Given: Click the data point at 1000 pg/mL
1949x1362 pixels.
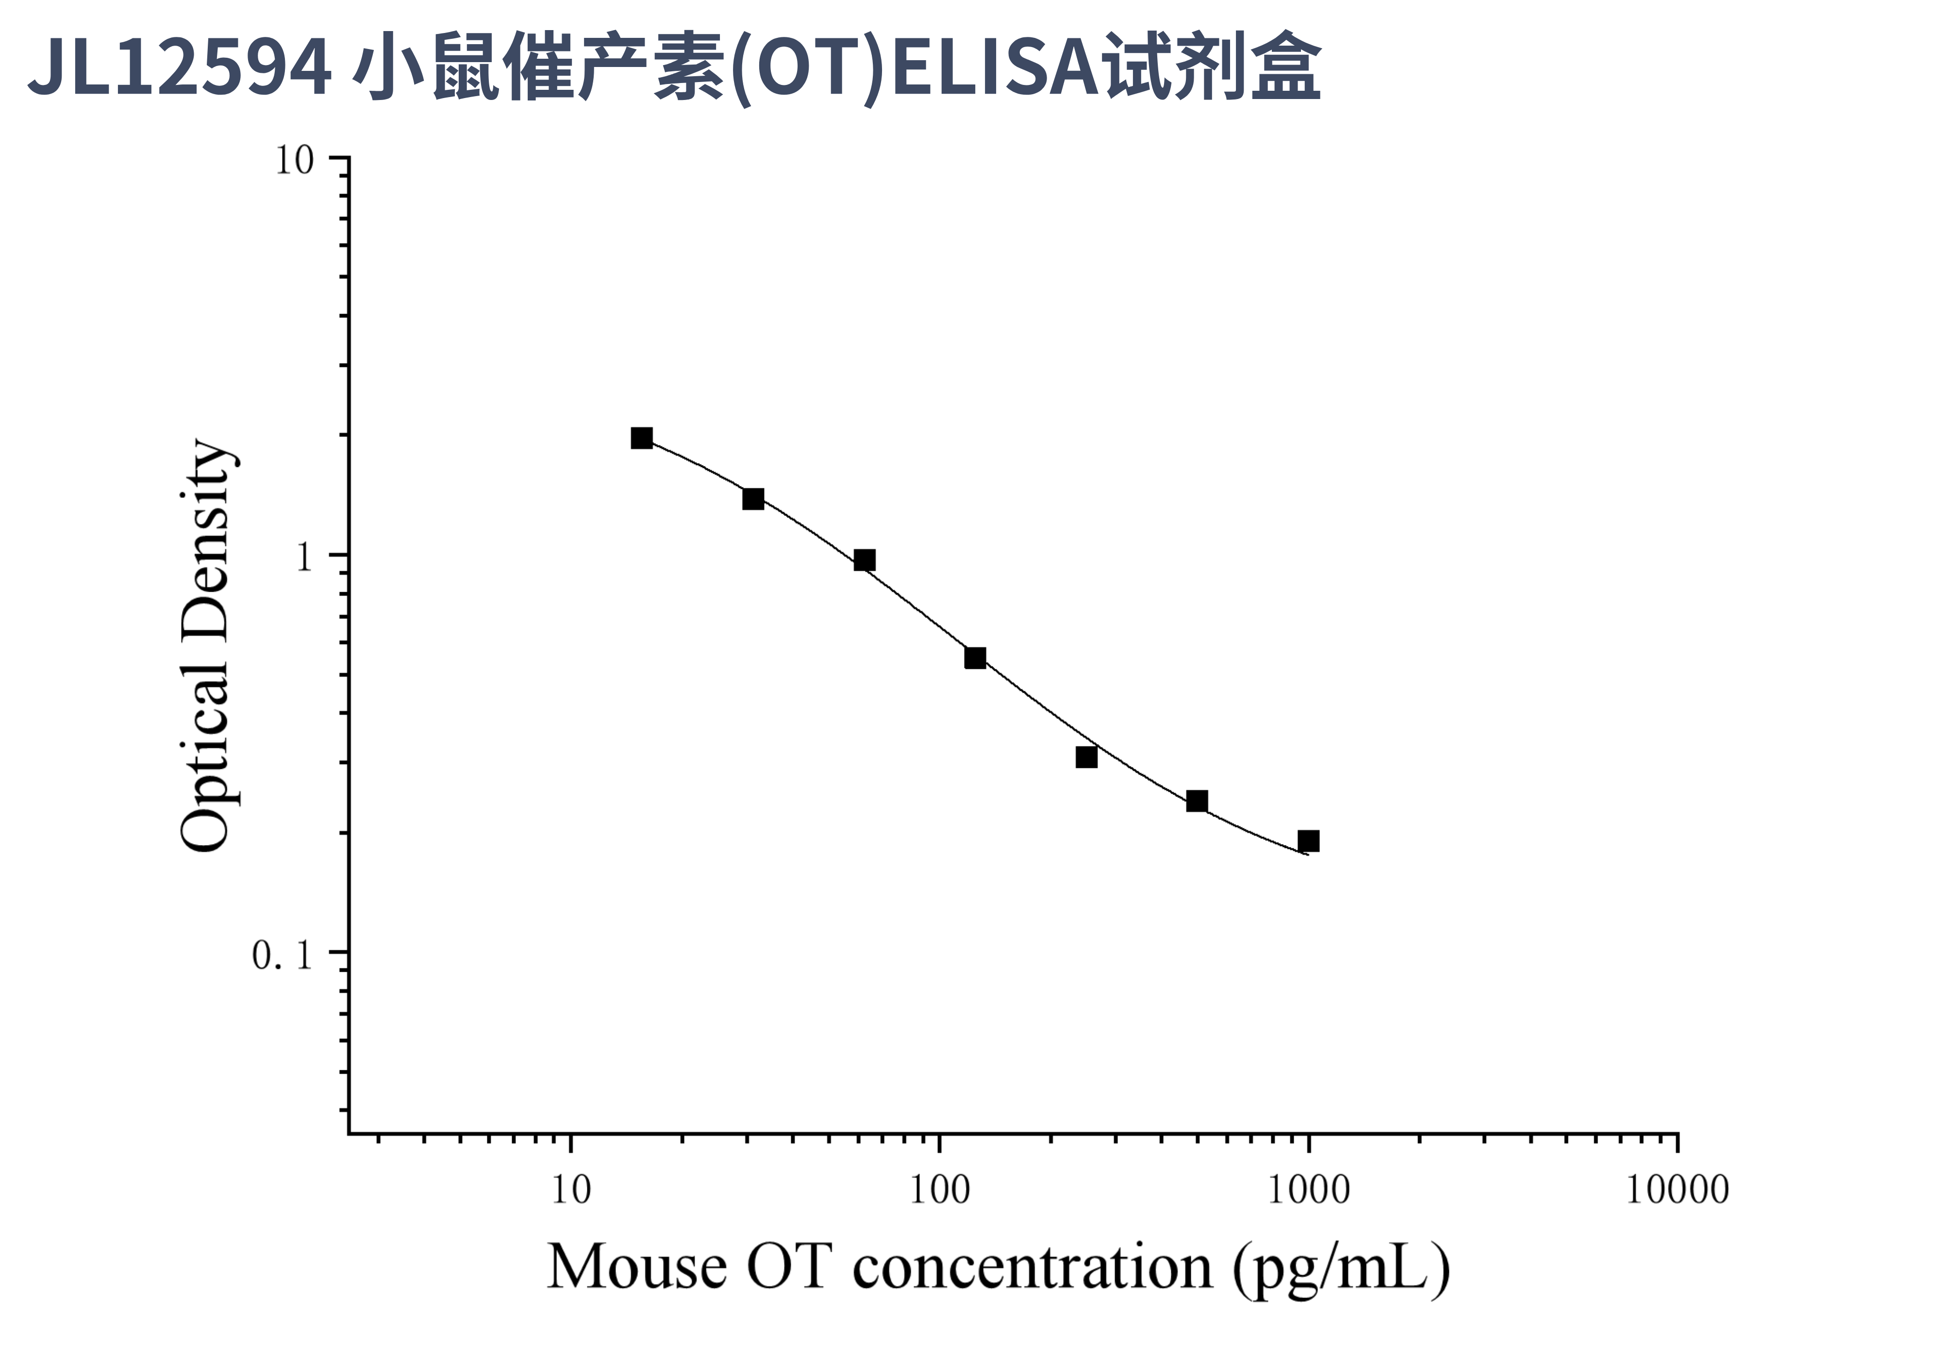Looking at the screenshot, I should tap(1308, 841).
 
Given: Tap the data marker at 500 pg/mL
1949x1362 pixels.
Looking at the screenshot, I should tap(1197, 801).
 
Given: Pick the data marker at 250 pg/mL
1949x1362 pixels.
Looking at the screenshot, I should tap(1086, 757).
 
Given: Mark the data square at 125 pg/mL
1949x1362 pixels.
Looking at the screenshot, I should tap(975, 658).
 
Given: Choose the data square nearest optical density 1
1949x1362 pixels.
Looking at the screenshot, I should tap(864, 560).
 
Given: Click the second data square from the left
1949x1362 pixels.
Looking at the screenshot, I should tap(753, 499).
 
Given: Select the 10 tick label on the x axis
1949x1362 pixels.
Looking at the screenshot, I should tap(570, 1191).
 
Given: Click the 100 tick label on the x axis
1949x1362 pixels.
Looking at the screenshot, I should tap(939, 1191).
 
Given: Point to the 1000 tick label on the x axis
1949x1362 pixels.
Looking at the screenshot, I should tap(1308, 1191).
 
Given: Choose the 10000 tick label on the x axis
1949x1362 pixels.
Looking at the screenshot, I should tap(1677, 1191).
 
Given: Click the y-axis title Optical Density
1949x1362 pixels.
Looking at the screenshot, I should tap(205, 645).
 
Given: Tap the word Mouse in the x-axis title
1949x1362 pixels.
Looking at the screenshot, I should tap(637, 1267).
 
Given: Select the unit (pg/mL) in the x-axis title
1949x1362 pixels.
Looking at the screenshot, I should tap(1341, 1269).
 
